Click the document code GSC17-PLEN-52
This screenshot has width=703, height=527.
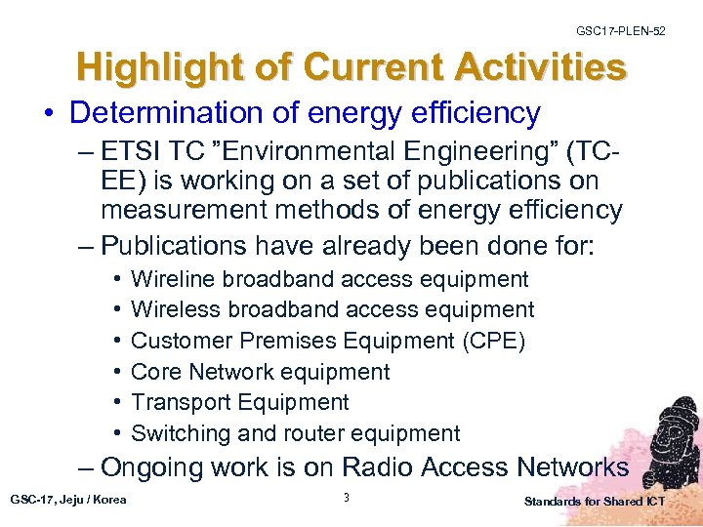pos(621,32)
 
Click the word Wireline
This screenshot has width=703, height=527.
pos(173,279)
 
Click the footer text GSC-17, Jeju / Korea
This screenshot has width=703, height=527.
pos(68,501)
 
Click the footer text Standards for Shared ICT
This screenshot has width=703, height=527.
pos(595,502)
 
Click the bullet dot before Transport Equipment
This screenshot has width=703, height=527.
pos(117,403)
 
